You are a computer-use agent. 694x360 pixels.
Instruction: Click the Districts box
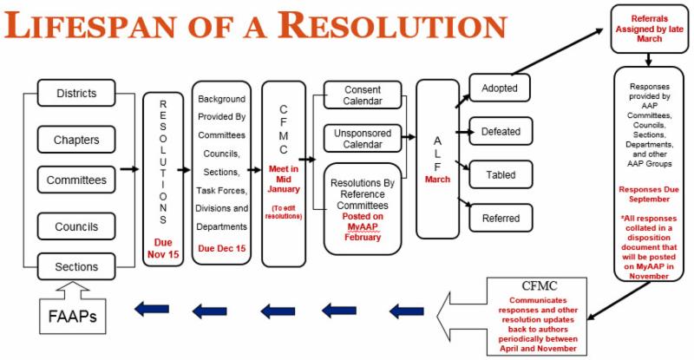(76, 94)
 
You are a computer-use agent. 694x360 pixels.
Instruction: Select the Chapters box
(76, 139)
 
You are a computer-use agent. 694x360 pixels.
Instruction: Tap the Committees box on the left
(76, 180)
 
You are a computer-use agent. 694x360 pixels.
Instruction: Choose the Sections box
(76, 266)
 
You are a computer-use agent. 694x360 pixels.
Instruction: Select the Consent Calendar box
(363, 95)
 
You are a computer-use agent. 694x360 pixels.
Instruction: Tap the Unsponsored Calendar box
(363, 139)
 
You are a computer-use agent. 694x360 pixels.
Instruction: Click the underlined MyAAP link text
(363, 226)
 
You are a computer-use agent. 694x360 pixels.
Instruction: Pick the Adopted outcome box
(501, 88)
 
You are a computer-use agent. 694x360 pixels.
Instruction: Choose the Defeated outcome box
(501, 132)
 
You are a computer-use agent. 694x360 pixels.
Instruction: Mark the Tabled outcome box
(501, 174)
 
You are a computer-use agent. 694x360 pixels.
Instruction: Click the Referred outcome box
(501, 219)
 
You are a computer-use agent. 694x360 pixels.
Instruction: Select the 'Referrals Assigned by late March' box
(649, 28)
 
